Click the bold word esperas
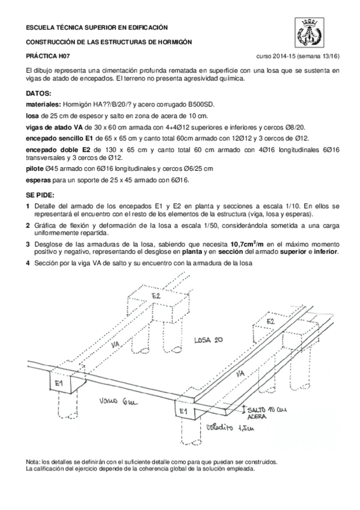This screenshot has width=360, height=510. tap(39, 180)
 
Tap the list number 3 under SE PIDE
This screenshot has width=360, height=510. tap(28, 244)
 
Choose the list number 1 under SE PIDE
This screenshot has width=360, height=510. tap(28, 205)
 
